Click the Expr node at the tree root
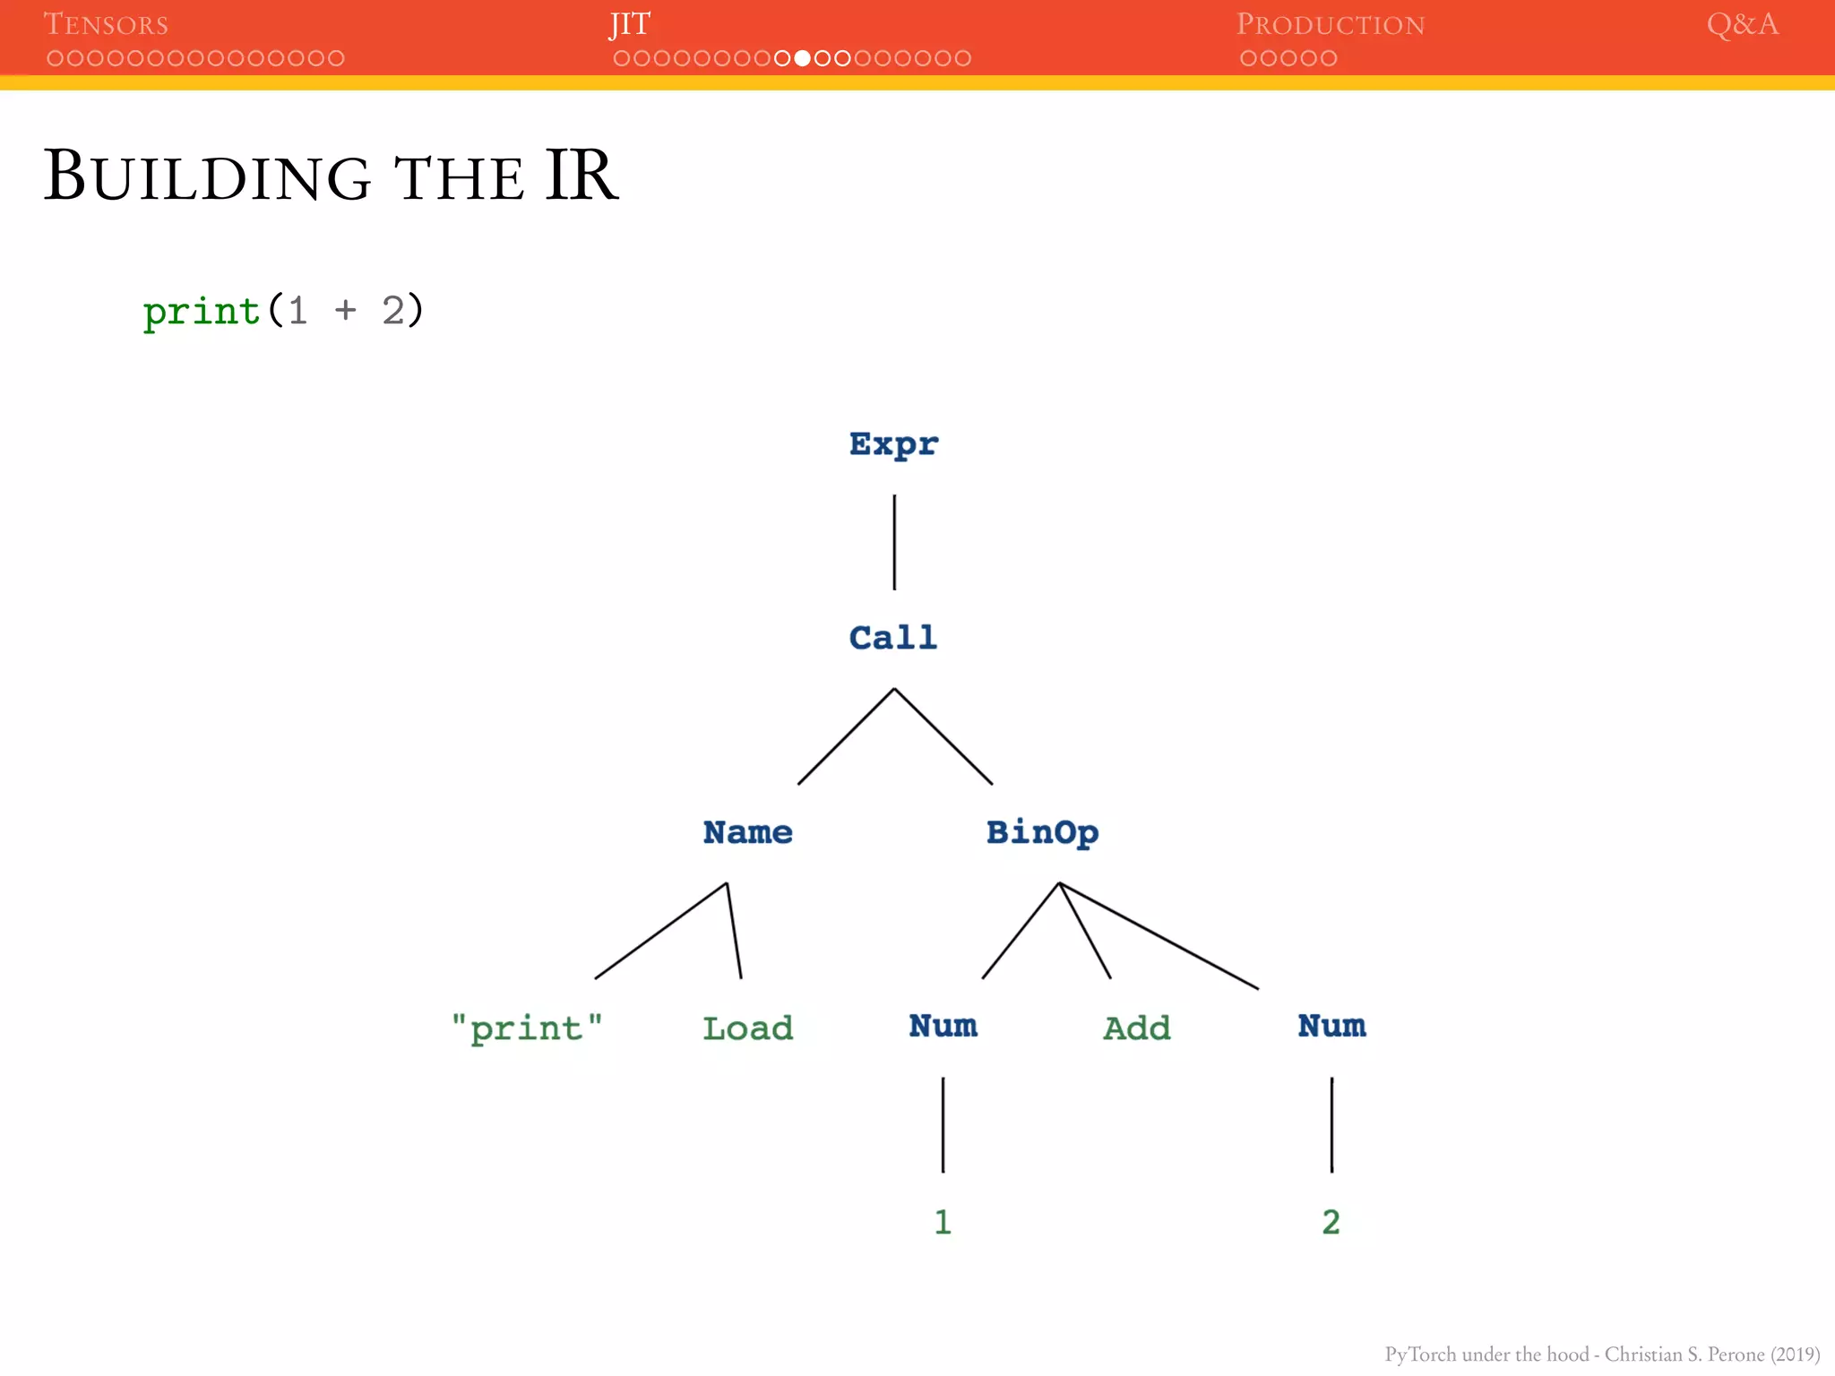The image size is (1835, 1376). coord(893,444)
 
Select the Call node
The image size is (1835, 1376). coord(893,638)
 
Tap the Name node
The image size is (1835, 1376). coord(747,832)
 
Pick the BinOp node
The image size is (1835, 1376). coord(1042,832)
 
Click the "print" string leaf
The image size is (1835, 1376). coord(527,1028)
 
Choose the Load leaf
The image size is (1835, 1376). coord(747,1028)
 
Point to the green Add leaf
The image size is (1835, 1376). coord(1136,1028)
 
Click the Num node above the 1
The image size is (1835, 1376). coord(943,1026)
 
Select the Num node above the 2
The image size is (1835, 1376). coord(1331,1026)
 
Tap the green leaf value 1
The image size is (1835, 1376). coord(943,1222)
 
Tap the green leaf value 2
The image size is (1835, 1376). coord(1331,1222)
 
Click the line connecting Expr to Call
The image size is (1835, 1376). coord(894,542)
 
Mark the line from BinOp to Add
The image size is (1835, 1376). coord(1085,931)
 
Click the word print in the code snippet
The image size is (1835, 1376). coord(202,312)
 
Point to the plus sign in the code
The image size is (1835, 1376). coord(346,311)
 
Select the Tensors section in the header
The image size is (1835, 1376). coord(106,24)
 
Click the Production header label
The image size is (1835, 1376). coord(1330,24)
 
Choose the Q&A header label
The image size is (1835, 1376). coord(1742,24)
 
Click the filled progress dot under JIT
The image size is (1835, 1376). coord(802,58)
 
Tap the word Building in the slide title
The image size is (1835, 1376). coord(207,176)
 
